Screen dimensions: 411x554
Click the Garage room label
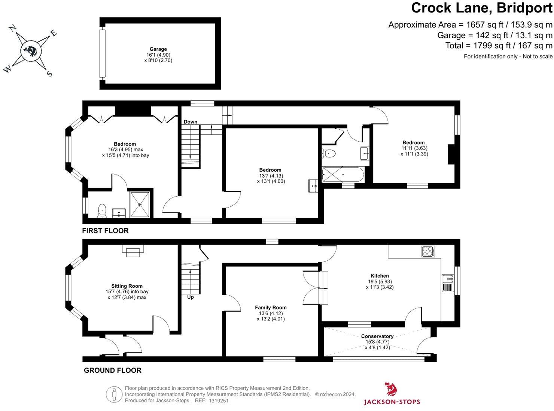tap(158, 49)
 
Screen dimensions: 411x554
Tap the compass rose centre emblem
tap(30, 50)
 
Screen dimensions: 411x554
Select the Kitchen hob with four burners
tap(427, 251)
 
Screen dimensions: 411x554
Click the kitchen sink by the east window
tap(448, 279)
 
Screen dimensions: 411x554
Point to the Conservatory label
tap(377, 336)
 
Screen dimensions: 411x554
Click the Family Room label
tap(271, 308)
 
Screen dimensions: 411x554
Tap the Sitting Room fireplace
tap(133, 251)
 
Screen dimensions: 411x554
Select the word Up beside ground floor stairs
tap(190, 297)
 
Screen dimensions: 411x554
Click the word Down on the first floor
tap(190, 122)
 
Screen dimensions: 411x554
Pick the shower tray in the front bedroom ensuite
tap(140, 205)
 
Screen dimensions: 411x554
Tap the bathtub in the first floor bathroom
tap(342, 175)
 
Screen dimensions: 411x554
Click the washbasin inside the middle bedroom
tap(313, 186)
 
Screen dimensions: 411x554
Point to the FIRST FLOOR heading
tap(105, 231)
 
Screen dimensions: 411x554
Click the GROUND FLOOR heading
tap(112, 371)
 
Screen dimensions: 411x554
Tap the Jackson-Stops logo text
tap(392, 402)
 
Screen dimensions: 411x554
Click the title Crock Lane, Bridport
tap(481, 8)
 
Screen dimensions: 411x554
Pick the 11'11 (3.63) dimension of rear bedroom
tap(414, 148)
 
